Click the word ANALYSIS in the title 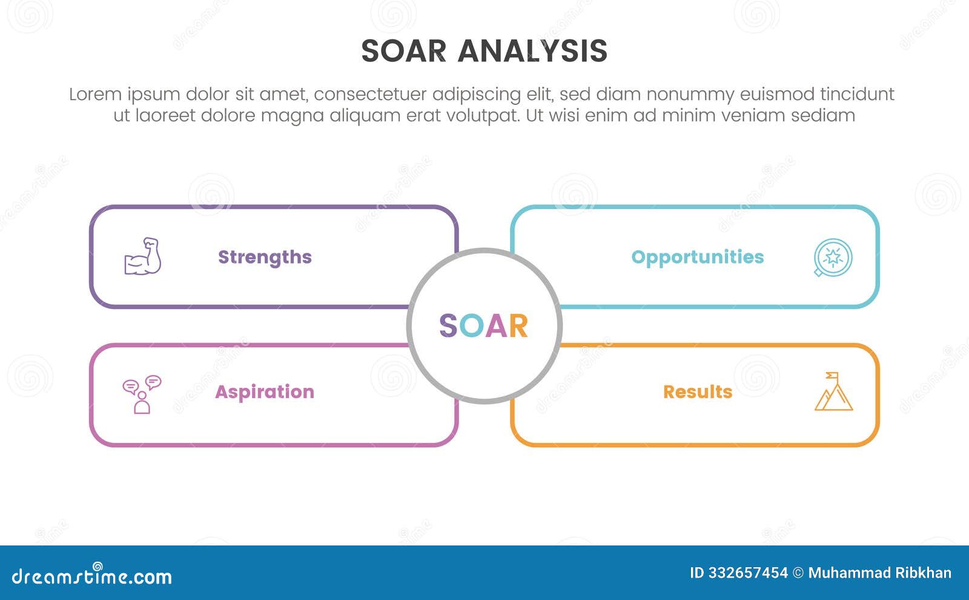point(532,51)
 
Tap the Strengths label point(265,257)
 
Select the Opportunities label point(697,257)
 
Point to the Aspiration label point(265,392)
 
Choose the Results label point(698,392)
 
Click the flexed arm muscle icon point(142,256)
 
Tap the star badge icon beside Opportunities point(833,257)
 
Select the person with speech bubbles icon point(142,394)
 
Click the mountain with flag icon point(833,392)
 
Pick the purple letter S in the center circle point(448,326)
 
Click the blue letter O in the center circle point(470,326)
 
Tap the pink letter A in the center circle point(495,326)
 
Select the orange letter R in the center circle point(518,326)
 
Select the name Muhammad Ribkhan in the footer point(879,573)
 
